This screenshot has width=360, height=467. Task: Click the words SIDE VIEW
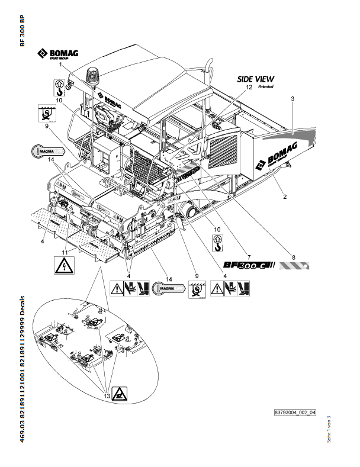[256, 79]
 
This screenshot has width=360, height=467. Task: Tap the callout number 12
[241, 87]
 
